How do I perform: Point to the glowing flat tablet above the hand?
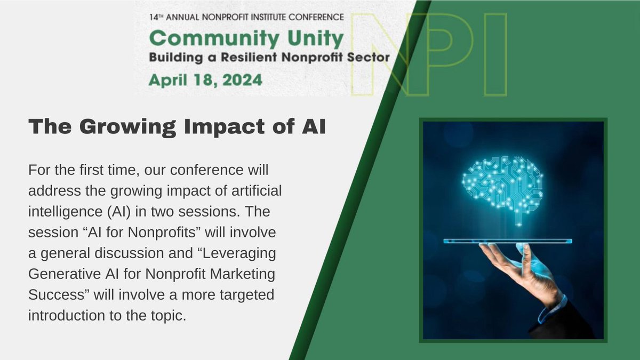tap(507, 241)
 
